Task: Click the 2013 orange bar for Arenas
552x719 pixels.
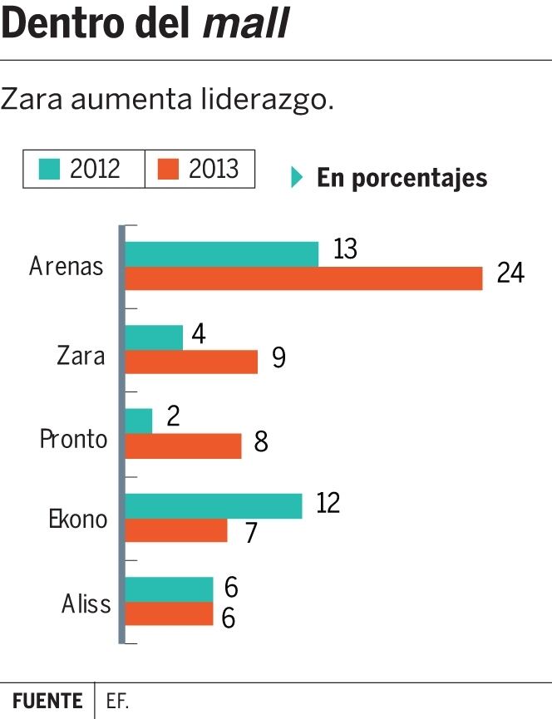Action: click(x=303, y=278)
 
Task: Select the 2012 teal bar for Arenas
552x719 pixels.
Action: click(x=221, y=254)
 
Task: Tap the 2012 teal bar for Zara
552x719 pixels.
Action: click(x=154, y=337)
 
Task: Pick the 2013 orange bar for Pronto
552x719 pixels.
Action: click(x=183, y=446)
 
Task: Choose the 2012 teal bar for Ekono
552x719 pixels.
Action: click(x=213, y=506)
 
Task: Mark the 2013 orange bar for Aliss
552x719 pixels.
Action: click(x=169, y=613)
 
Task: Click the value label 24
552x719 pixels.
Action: click(x=510, y=273)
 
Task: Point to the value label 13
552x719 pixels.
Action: click(x=345, y=249)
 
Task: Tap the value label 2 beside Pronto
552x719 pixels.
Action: click(x=173, y=416)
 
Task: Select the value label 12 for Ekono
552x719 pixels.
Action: click(x=328, y=502)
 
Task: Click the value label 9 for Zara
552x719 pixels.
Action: click(x=278, y=358)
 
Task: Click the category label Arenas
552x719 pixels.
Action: click(x=67, y=267)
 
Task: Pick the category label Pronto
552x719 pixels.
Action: click(x=74, y=438)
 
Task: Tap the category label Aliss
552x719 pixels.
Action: click(x=86, y=603)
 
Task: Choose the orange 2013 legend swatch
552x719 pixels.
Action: click(x=169, y=170)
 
